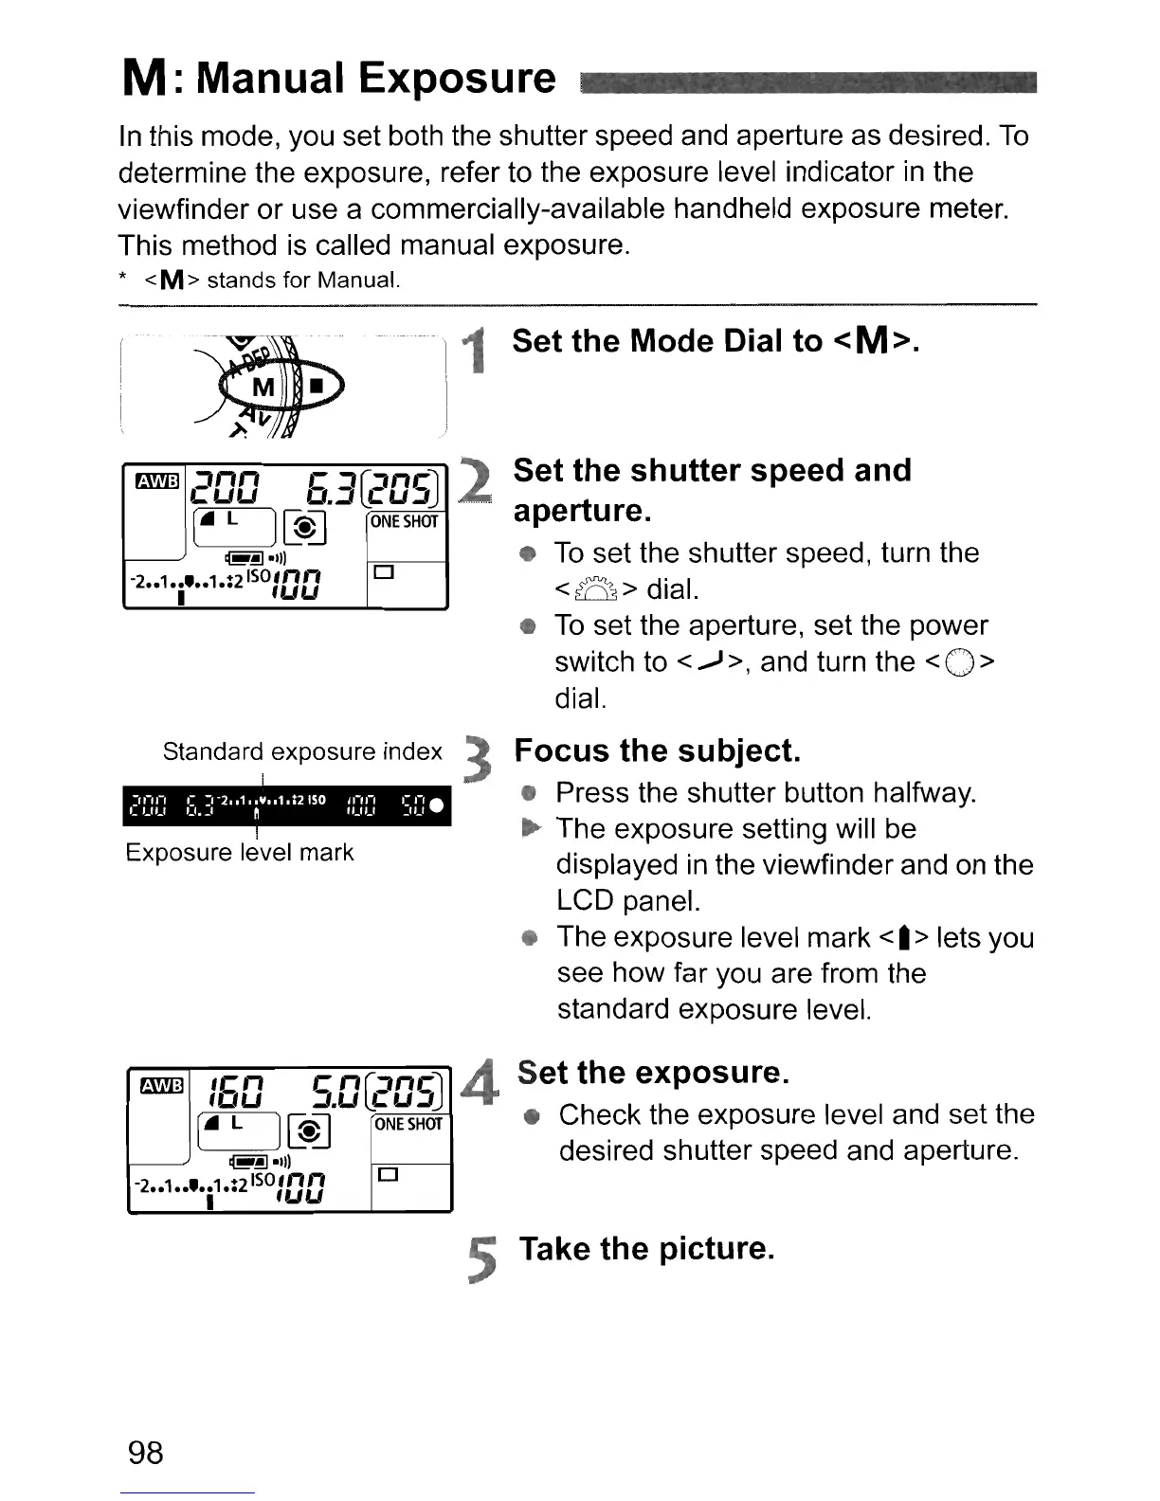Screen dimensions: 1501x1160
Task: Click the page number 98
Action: point(146,1451)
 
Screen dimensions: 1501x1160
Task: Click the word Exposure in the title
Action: point(460,78)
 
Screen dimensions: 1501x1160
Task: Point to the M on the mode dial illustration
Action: point(263,388)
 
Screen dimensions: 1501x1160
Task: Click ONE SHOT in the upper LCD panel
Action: point(405,522)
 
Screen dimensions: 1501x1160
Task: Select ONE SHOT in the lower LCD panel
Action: point(408,1125)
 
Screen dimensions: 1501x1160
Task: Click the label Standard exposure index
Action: point(302,751)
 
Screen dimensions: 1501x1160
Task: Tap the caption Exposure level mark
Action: point(239,852)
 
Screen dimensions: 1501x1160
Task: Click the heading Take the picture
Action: point(646,1249)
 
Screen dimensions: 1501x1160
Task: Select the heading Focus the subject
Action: point(657,750)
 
